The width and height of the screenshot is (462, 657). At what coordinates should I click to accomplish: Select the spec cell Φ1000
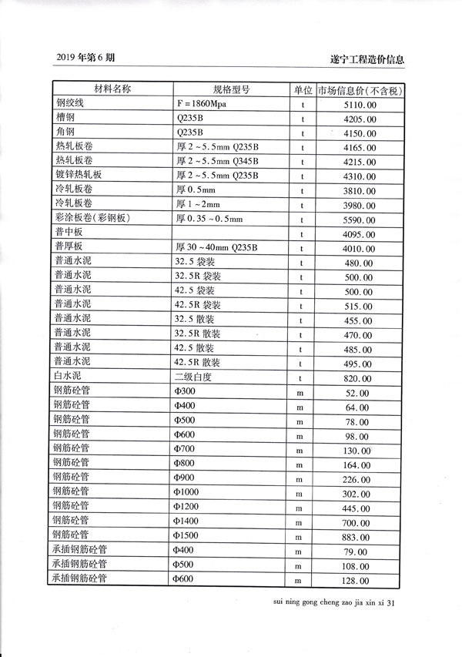pyautogui.click(x=187, y=492)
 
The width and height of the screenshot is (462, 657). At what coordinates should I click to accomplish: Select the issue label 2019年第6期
pyautogui.click(x=86, y=59)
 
